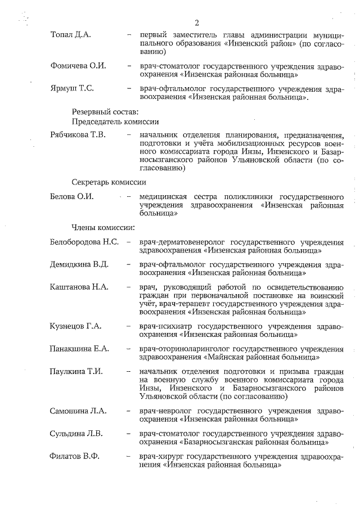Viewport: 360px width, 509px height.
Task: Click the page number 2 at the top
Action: [197, 23]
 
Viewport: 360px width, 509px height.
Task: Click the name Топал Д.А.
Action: [70, 35]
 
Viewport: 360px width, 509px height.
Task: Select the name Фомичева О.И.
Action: [78, 66]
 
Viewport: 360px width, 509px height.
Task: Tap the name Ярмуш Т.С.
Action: [72, 89]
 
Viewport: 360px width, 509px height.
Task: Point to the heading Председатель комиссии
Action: [115, 121]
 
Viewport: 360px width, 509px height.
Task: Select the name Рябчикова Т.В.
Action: [82, 135]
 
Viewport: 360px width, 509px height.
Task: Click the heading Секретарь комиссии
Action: [109, 182]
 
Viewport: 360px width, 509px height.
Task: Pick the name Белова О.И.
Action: [71, 196]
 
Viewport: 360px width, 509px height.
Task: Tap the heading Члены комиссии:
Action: [103, 228]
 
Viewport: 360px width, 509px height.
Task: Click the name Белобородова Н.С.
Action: [84, 242]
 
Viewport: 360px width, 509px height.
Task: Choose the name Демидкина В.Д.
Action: [79, 264]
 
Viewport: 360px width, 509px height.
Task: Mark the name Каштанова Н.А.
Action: [79, 287]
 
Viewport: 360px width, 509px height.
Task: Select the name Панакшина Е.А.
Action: [79, 349]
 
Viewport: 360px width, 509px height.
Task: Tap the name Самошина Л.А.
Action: [78, 411]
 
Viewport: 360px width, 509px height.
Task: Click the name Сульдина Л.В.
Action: [76, 434]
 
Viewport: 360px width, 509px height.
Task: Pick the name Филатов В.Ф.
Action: [74, 456]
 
